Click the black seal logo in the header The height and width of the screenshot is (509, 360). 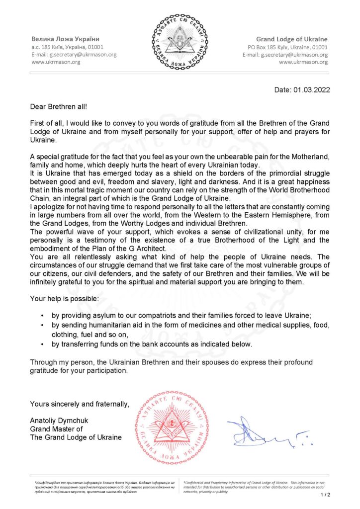tap(180, 42)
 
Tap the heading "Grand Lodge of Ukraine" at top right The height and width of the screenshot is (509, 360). tap(291, 39)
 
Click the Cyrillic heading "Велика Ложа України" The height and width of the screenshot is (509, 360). tap(65, 39)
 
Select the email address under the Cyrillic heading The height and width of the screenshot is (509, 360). tap(74, 55)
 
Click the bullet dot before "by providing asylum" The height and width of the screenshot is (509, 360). tap(42, 316)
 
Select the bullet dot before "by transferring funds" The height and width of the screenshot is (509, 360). tap(42, 344)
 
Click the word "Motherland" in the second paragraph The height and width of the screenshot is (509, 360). tap(311, 157)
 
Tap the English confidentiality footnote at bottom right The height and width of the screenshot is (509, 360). tap(254, 487)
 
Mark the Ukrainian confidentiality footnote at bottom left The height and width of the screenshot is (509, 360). tap(104, 487)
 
